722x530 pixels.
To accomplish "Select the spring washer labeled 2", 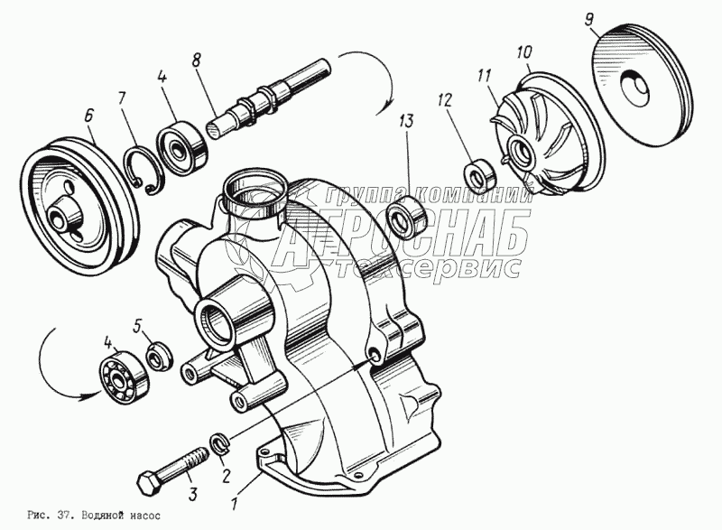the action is click(x=219, y=443).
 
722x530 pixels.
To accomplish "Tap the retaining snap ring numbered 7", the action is click(x=143, y=170).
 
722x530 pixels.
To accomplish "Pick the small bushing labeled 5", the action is click(x=160, y=356).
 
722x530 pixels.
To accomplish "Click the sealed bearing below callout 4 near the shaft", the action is click(x=182, y=145).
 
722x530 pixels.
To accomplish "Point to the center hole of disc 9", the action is click(x=635, y=88).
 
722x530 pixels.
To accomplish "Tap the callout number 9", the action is click(x=589, y=20).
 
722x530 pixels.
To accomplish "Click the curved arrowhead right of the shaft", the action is click(x=382, y=108).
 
